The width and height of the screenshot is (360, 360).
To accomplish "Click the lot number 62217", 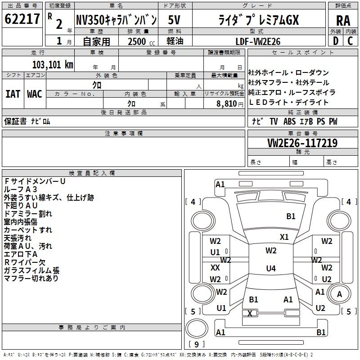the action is pos(22,19).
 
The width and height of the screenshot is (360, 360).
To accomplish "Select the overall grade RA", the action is pos(343,21).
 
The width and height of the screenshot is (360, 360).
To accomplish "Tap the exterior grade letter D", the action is pos(336,41).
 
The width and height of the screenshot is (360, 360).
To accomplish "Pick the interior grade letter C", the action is pos(350,41).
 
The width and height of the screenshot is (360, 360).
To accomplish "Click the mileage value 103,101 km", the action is pos(53,65).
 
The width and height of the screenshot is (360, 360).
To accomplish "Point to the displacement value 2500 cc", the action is pos(141,41).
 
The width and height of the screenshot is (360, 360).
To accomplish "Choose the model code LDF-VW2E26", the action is pos(258,41).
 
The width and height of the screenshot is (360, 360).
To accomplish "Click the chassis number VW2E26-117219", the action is pos(302,143).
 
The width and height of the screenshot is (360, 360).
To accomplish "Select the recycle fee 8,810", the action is pos(226,104).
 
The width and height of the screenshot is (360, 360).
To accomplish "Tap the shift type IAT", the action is pos(13,94).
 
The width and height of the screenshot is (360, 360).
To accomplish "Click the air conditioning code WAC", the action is pos(35,94).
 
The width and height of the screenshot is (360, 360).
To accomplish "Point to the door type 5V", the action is pos(174,20).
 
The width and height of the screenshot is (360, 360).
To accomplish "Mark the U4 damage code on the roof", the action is pos(271,268).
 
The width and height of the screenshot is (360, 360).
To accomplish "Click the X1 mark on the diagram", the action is pos(284,237).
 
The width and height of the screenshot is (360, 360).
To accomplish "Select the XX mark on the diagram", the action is pos(215,267).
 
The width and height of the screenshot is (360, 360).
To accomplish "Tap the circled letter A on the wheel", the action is pos(339,294).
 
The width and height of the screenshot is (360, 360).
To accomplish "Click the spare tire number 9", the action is pos(196,344).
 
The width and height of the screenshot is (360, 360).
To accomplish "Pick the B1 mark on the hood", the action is pos(291,216).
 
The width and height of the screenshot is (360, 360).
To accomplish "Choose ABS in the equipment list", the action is pos(289,121).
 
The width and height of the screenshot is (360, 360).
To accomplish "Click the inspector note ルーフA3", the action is pos(20,189).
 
